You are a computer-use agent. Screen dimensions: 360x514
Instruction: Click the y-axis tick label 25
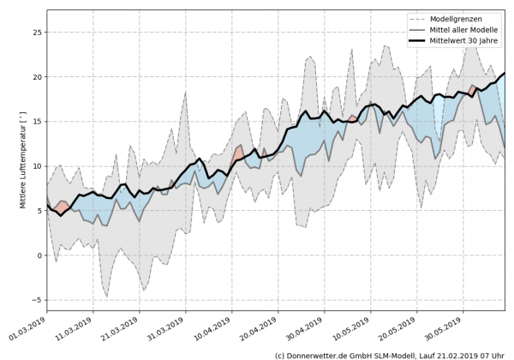click(36, 33)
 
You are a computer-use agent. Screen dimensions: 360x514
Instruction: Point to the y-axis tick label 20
click(36, 77)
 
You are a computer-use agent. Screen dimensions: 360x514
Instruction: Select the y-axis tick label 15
click(36, 122)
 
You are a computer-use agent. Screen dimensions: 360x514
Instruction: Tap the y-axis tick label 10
click(36, 166)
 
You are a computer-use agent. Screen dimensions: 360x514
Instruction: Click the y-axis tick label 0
click(39, 255)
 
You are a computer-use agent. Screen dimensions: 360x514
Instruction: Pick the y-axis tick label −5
click(36, 300)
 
